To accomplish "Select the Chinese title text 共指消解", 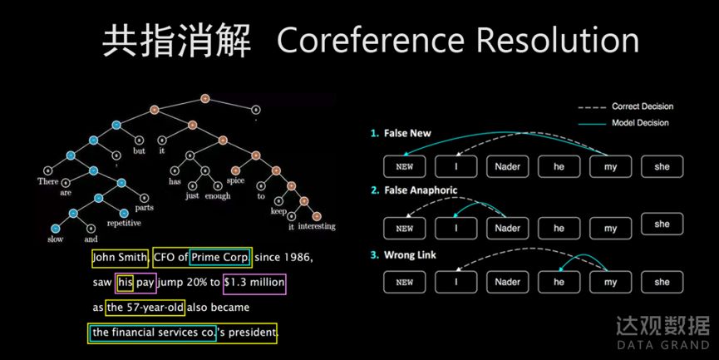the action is (175, 40).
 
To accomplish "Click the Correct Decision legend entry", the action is (642, 106).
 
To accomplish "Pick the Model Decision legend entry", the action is (640, 123).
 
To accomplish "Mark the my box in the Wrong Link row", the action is (610, 282).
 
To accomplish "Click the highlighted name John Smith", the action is (121, 258).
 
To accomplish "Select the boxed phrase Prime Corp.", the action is (220, 258).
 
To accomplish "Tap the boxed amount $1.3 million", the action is (254, 283).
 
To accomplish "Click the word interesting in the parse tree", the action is (317, 226).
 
